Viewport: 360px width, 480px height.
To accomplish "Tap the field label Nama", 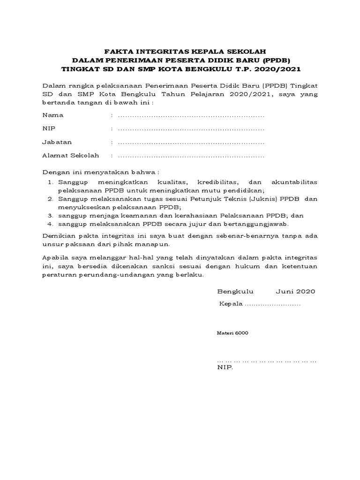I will click(x=52, y=115).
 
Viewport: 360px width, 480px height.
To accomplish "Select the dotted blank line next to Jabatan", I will click(x=191, y=142).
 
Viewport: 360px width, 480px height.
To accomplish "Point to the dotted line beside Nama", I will click(x=191, y=115).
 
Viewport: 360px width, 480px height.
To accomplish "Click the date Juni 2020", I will click(x=295, y=291).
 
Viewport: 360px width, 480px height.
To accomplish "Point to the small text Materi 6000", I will click(x=232, y=333).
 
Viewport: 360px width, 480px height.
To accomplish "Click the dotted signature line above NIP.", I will click(x=267, y=361).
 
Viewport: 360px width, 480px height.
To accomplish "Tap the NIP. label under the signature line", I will click(x=225, y=367).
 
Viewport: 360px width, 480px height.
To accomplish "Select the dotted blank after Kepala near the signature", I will click(x=273, y=304).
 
